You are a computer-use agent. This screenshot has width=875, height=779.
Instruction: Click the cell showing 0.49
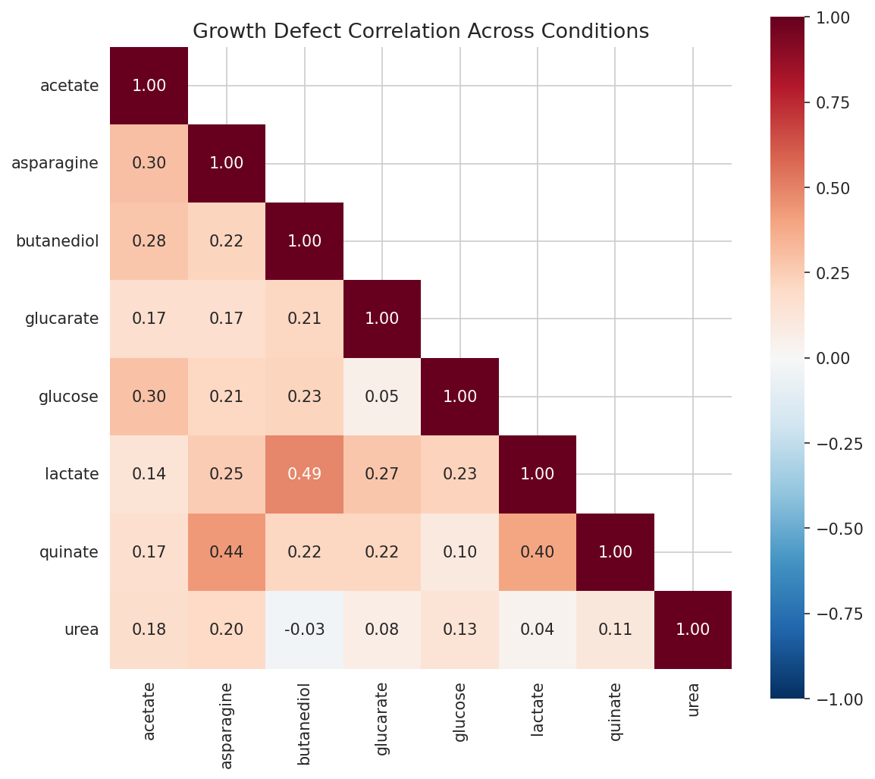(x=304, y=474)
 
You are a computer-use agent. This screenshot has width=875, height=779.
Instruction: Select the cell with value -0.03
(x=304, y=630)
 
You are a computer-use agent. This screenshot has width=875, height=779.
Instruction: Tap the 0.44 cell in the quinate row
(x=227, y=552)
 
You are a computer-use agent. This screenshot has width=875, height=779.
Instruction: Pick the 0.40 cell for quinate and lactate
(x=538, y=552)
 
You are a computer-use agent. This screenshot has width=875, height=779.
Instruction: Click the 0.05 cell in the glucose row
(x=382, y=397)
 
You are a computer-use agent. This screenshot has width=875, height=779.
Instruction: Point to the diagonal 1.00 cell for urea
(x=692, y=630)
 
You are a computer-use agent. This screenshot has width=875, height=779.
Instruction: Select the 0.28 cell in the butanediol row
(x=149, y=241)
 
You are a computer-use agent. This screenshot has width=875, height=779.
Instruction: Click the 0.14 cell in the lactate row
(x=149, y=474)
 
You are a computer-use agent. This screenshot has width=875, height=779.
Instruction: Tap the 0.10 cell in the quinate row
(x=459, y=552)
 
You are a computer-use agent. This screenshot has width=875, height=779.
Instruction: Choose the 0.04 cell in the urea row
(x=538, y=630)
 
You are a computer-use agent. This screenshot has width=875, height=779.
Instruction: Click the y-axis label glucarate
(x=62, y=319)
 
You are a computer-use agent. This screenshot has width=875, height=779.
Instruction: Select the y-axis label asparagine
(x=55, y=163)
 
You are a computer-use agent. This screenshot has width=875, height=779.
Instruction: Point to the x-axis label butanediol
(x=304, y=723)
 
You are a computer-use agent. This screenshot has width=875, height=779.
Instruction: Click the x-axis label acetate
(x=149, y=711)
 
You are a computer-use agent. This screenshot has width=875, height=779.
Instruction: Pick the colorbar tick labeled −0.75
(x=834, y=614)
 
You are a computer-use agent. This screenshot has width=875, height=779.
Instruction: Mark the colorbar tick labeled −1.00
(x=834, y=699)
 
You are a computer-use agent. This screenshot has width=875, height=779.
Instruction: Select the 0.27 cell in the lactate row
(x=382, y=474)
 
